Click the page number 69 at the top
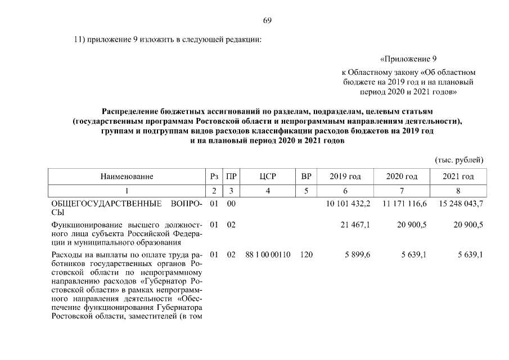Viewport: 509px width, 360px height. tap(267, 21)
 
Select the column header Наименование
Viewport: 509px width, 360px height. tap(127, 176)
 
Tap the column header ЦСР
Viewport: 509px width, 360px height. tap(268, 176)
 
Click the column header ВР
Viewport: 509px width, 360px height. tap(306, 176)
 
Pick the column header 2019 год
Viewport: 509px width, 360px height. tap(345, 176)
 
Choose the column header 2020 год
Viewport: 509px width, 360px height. tap(402, 176)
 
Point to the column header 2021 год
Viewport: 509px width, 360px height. tap(458, 176)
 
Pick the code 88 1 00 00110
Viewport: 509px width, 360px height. tap(268, 255)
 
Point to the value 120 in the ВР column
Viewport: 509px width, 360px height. tap(306, 255)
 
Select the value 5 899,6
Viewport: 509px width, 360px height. tap(358, 255)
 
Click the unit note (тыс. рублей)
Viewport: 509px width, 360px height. tap(459, 159)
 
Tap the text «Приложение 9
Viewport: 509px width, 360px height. tap(409, 58)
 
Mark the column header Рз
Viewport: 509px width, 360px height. tap(213, 176)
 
